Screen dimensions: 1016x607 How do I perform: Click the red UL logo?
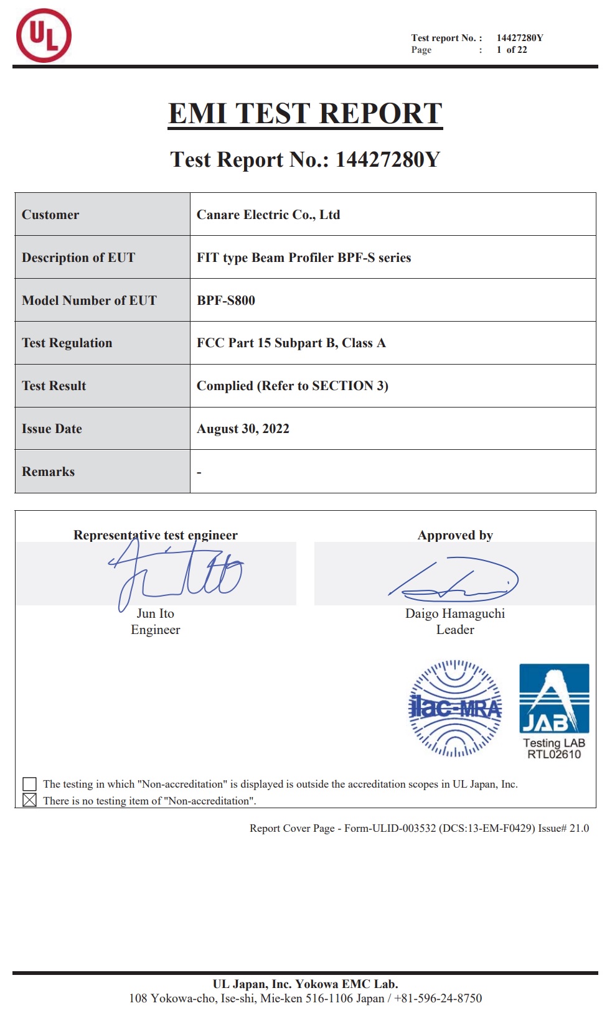(x=44, y=35)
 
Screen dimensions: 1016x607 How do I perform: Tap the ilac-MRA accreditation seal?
(x=455, y=708)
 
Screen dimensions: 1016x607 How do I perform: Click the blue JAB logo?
(x=554, y=698)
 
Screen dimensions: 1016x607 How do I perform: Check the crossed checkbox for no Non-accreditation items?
(x=29, y=800)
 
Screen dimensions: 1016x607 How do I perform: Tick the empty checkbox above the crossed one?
(x=29, y=784)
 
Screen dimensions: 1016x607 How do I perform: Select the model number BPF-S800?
(x=226, y=301)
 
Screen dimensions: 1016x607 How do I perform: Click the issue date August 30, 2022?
(x=243, y=429)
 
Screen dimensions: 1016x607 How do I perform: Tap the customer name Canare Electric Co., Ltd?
(x=268, y=215)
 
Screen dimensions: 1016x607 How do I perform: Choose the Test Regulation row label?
(x=67, y=343)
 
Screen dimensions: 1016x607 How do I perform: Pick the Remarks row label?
(x=49, y=472)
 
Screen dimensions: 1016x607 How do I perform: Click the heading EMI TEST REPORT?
(x=305, y=114)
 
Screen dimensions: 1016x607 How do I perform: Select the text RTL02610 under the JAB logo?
(x=554, y=755)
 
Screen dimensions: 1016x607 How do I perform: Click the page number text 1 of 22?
(x=512, y=50)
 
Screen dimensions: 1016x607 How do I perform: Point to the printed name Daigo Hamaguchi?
(x=455, y=613)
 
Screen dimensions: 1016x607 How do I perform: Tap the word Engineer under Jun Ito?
(x=156, y=630)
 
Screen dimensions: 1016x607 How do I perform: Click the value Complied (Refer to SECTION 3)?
(x=293, y=386)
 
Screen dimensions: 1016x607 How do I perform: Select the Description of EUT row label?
(x=78, y=258)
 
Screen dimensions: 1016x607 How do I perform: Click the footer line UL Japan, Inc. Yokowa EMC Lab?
(x=305, y=984)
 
